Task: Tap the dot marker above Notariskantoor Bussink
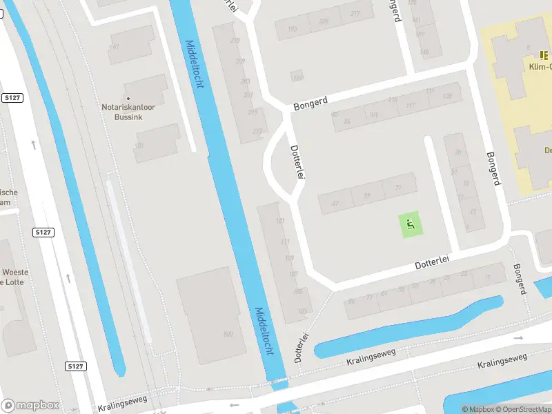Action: click(128, 98)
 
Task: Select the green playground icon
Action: click(410, 224)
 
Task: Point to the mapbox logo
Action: click(30, 406)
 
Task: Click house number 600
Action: click(228, 335)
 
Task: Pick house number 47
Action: click(335, 204)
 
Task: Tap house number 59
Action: click(366, 196)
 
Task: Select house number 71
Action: click(397, 188)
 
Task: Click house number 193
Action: click(293, 29)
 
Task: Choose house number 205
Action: click(324, 21)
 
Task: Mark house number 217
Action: click(355, 14)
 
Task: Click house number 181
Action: click(141, 146)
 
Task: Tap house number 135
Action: click(448, 96)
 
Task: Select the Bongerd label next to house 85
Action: click(309, 105)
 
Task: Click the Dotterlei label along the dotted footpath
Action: click(301, 343)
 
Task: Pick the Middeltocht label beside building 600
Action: click(265, 331)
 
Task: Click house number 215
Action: click(235, 41)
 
